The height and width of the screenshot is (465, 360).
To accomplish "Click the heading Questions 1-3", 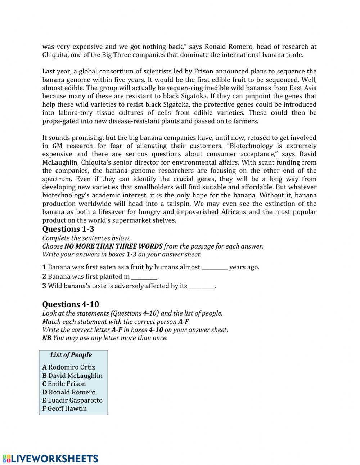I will coord(68,229).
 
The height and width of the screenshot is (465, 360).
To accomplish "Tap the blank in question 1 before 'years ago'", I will coord(215,267).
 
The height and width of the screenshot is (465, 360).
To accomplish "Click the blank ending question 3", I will coord(202,286).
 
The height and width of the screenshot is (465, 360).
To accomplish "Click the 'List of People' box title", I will coord(71,355).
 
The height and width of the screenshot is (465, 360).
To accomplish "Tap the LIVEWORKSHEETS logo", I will coord(50,459).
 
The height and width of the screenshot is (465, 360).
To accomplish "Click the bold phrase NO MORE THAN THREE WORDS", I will coord(113,246).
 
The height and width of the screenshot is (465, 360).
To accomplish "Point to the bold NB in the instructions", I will coord(47,338).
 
